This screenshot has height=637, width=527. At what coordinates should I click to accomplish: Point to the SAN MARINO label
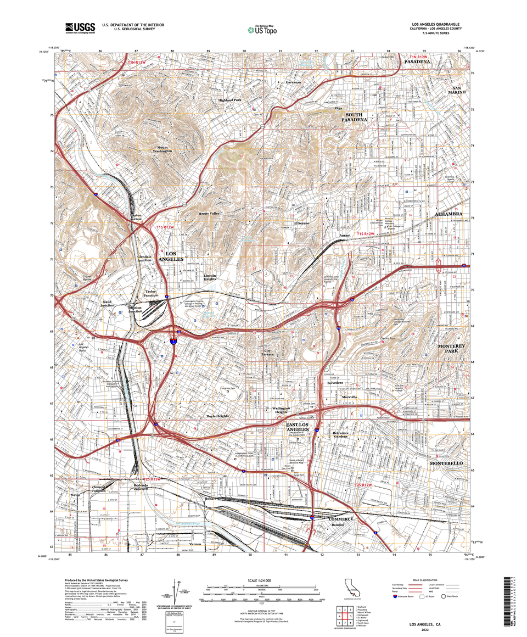[459, 91]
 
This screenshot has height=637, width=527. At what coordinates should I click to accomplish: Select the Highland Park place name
[229, 100]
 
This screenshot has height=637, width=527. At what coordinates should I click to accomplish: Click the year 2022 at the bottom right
[425, 630]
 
